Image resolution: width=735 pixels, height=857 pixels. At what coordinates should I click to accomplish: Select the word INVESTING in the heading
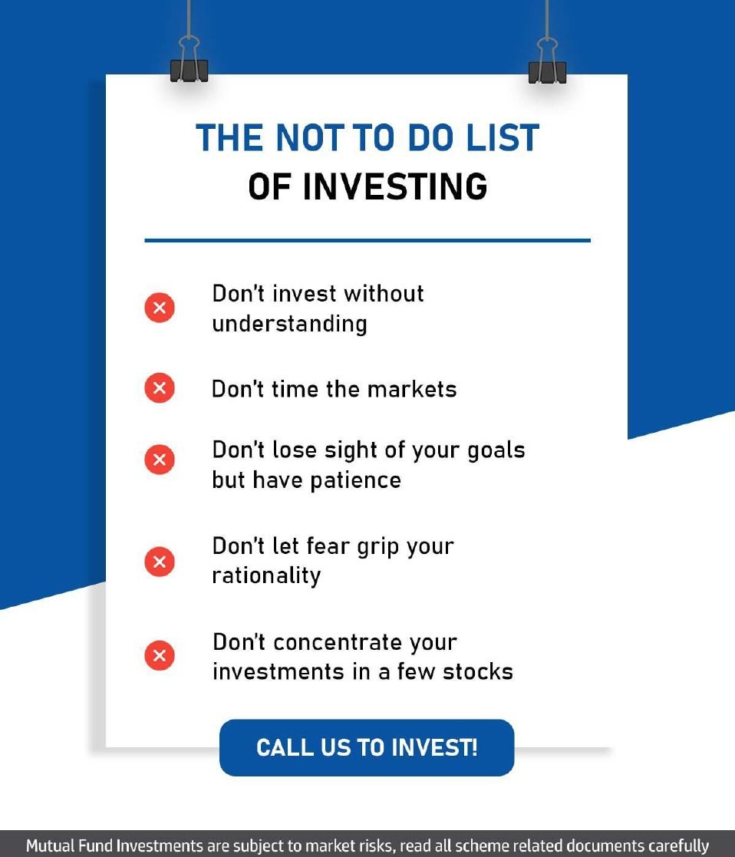point(394,187)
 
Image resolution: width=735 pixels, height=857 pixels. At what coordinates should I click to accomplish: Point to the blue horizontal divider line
point(367,241)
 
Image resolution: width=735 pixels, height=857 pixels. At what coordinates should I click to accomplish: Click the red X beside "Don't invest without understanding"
point(160,308)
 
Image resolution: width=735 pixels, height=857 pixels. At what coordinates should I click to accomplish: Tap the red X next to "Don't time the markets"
point(160,388)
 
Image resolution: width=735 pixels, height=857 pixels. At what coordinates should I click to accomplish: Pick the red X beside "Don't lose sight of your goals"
point(160,460)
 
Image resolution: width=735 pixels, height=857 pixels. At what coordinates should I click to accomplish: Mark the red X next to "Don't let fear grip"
point(160,561)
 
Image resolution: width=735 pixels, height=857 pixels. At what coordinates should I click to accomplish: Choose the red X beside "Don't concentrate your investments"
point(160,656)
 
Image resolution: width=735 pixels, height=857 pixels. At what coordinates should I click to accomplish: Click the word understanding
point(289,324)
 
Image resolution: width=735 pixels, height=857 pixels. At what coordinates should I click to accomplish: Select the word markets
point(412,389)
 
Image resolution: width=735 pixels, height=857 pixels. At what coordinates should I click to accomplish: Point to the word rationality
point(266,575)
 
